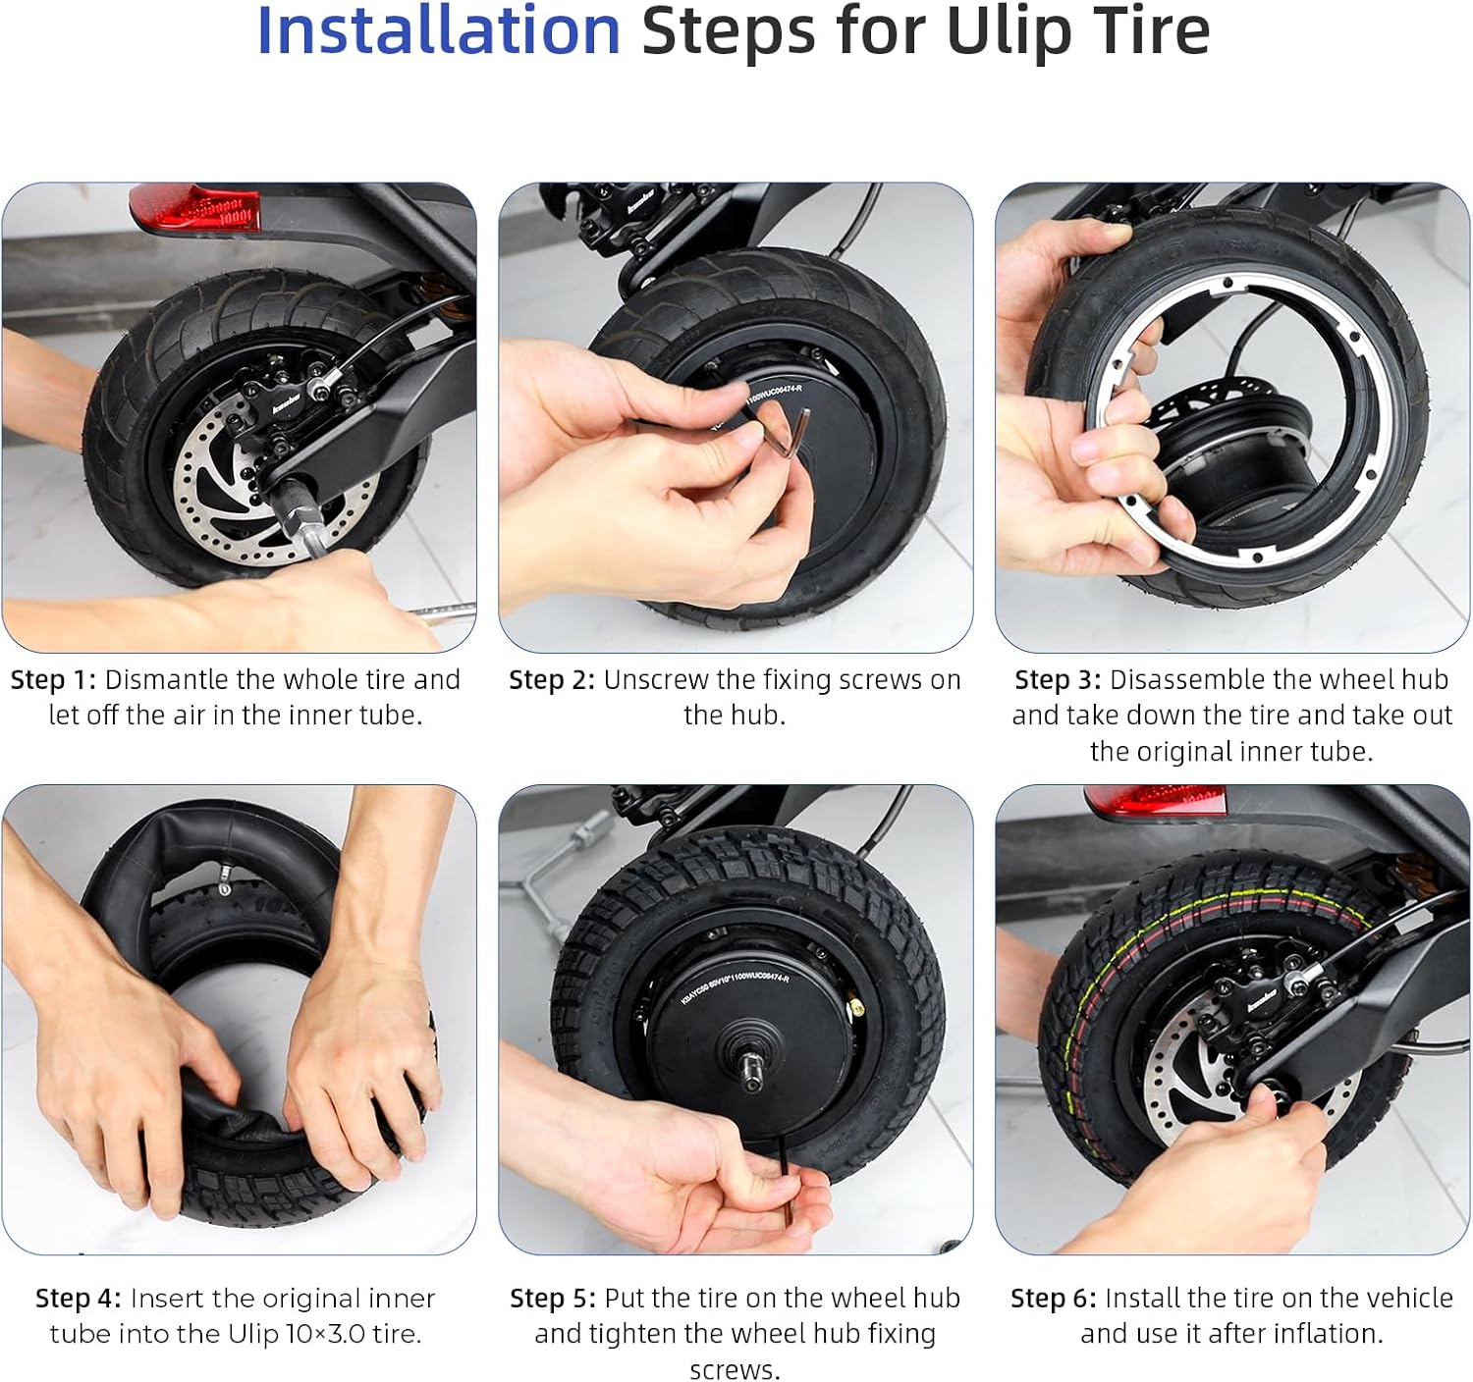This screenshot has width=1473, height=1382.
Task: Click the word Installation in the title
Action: tap(438, 31)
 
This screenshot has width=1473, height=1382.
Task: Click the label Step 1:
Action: tap(53, 680)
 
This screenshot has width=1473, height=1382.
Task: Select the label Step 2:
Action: tap(552, 680)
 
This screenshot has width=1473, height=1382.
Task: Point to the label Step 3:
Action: tap(1058, 680)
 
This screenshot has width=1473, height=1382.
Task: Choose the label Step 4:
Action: tap(79, 1299)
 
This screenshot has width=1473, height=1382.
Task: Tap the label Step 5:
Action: tap(553, 1299)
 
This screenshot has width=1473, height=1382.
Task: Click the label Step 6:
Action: tap(1054, 1299)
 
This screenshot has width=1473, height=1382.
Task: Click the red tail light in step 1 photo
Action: tap(195, 207)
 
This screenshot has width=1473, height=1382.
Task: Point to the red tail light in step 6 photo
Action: tap(1155, 801)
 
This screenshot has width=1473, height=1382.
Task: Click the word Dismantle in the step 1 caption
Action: tap(167, 680)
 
